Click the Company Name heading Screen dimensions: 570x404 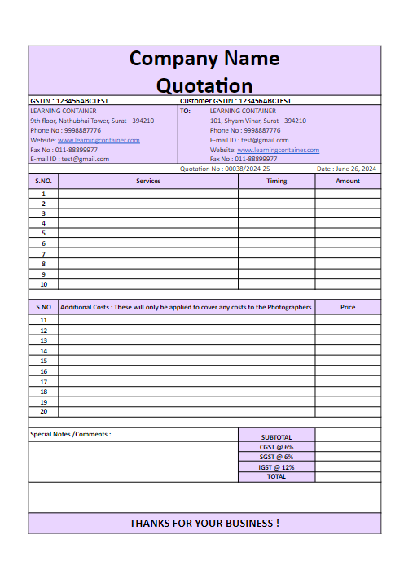(204, 59)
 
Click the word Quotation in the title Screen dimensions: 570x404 (204, 85)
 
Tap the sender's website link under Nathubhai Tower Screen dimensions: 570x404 (99, 140)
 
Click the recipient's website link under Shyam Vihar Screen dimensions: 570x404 (278, 150)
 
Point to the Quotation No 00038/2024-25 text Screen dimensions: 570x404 (224, 169)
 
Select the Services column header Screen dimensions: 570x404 (148, 181)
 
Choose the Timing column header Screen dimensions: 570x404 (276, 181)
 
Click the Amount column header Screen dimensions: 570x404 (348, 181)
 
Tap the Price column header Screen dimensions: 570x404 (348, 307)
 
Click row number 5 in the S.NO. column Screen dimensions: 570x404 (43, 233)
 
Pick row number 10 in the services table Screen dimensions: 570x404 (43, 284)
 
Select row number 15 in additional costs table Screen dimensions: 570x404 (43, 361)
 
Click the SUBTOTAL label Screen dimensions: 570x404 (276, 437)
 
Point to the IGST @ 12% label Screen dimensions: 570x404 (276, 467)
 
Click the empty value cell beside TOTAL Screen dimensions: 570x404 (348, 477)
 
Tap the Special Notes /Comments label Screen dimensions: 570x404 (71, 434)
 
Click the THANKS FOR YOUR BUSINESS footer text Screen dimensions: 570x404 (204, 523)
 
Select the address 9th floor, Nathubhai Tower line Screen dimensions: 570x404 (92, 121)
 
